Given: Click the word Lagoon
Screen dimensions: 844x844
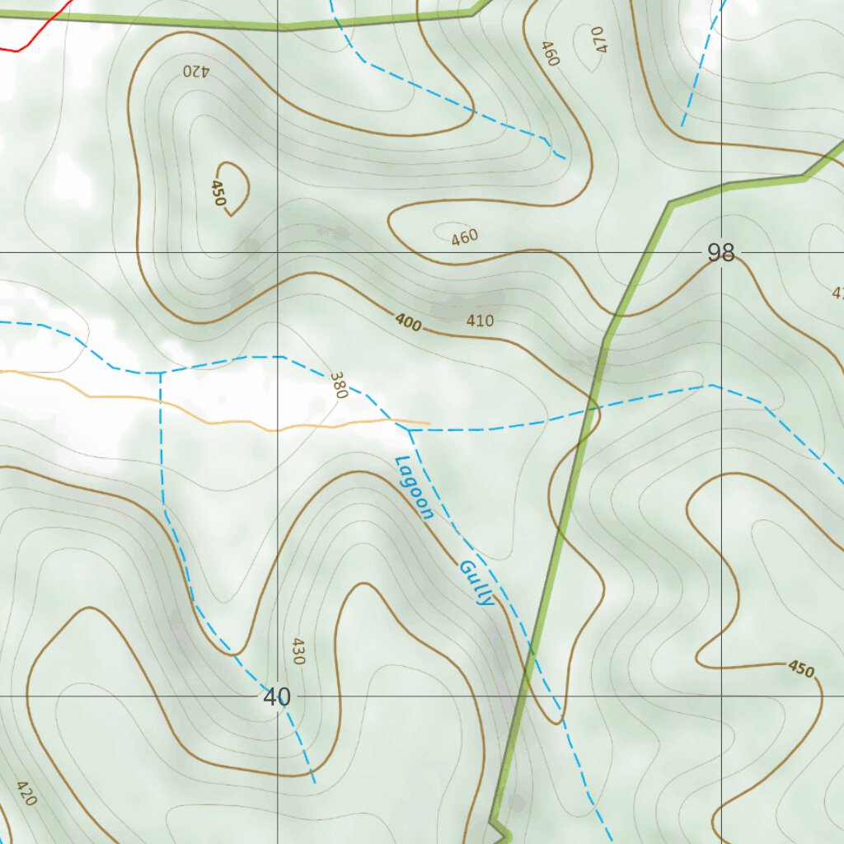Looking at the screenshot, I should click(415, 488).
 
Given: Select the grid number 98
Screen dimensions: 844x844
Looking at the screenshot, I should click(721, 253).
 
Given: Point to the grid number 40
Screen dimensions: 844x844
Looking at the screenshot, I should click(277, 697).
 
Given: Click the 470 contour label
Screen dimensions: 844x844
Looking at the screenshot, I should click(598, 39).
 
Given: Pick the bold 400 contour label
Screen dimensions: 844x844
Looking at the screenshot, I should click(407, 323).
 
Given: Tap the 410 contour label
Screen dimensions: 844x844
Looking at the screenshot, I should click(480, 321).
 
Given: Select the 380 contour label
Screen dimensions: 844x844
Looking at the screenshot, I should click(338, 385).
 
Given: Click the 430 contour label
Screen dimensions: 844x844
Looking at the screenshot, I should click(298, 651).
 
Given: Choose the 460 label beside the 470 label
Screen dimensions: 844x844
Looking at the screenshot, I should click(550, 53).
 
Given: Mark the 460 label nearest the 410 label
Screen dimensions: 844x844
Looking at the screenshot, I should click(465, 237).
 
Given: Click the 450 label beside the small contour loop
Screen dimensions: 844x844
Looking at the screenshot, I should click(218, 194).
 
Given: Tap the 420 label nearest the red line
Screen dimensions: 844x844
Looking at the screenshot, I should click(197, 71).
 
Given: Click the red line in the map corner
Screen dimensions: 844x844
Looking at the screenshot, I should click(33, 33).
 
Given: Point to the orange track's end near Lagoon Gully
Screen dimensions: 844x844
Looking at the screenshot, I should click(428, 424).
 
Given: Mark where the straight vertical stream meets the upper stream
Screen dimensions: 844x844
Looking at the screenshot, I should click(160, 373).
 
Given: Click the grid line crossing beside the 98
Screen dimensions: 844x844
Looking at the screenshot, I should click(722, 252).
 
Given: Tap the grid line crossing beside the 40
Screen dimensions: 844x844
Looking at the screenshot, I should click(278, 696).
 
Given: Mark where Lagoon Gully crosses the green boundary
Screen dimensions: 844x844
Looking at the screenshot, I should click(529, 655).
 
